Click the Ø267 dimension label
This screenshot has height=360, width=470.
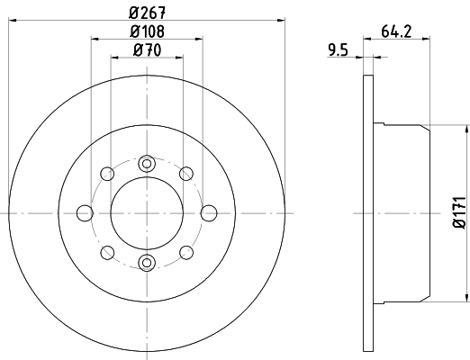coord(147,12)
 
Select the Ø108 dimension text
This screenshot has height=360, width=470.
coord(147,32)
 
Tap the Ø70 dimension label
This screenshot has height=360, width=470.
coord(147,51)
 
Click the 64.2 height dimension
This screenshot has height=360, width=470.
coord(397,32)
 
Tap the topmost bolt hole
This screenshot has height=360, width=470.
coord(147,163)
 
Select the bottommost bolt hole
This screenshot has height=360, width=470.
coord(147,262)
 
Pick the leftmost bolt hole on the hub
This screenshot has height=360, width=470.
coord(86,212)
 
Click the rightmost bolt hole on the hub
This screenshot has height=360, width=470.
coord(208,212)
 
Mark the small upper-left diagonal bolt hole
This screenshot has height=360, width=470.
coord(107,173)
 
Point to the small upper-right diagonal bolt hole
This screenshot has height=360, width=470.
coord(186,173)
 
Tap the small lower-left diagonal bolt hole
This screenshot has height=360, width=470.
coord(107,252)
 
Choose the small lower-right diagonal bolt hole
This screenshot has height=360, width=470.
coord(186,252)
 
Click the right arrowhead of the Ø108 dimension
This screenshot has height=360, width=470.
coord(198,39)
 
